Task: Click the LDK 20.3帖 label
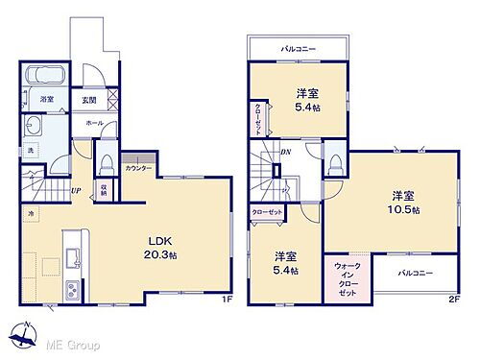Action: pos(160,247)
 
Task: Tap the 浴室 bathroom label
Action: pos(47,100)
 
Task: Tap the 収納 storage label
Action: pos(103,190)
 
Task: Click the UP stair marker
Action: pos(75,190)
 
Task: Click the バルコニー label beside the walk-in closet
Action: pos(416,274)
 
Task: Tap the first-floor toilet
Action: pos(108,158)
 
